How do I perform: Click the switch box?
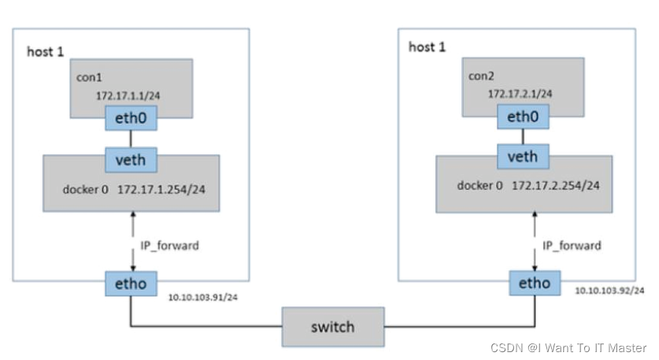[333, 327]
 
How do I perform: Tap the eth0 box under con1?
[131, 119]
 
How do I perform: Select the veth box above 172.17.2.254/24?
[522, 157]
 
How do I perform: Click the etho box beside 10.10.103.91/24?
[131, 283]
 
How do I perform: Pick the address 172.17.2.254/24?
[556, 185]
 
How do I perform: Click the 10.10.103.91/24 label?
[202, 298]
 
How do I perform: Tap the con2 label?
[479, 77]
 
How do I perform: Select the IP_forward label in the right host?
[572, 246]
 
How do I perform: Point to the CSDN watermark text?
[568, 347]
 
